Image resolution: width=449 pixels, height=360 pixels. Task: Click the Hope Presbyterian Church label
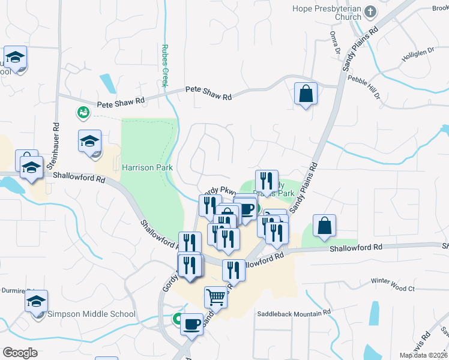[x=327, y=13]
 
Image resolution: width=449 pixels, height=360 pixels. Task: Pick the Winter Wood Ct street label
[x=393, y=289]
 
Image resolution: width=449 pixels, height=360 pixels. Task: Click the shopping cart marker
[x=215, y=296]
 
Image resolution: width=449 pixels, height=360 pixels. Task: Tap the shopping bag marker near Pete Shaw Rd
[x=306, y=94]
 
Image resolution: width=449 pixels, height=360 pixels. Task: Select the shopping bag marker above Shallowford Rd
[x=324, y=226]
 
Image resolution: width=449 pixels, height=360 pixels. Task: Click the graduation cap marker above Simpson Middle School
[x=36, y=302]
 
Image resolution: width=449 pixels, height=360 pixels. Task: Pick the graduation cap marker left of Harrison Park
[x=89, y=142]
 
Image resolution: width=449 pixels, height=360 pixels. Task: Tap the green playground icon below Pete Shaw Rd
[x=83, y=112]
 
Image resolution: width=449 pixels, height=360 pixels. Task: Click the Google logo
[x=20, y=353]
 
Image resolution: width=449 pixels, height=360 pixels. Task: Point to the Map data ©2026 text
[x=424, y=355]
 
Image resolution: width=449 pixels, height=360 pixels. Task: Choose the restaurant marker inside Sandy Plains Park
[x=267, y=181]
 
